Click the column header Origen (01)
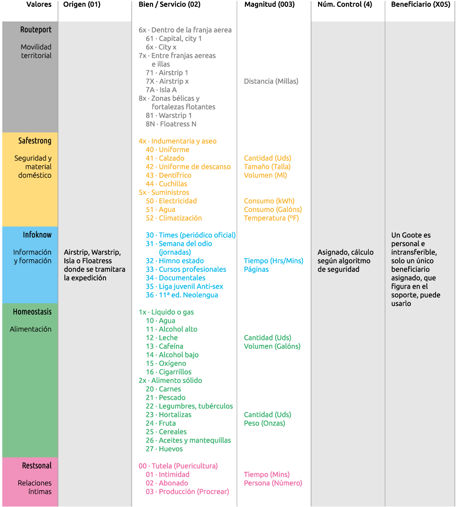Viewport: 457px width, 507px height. [x=82, y=5]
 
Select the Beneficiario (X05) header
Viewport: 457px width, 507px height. [x=420, y=5]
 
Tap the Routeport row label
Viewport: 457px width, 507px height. [x=36, y=30]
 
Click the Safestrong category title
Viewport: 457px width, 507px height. [x=35, y=141]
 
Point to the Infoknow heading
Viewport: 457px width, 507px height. [x=37, y=235]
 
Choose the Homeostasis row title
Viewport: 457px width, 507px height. [x=32, y=312]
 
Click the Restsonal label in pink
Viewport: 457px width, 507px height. [x=37, y=466]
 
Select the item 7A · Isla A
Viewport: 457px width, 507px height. [x=161, y=90]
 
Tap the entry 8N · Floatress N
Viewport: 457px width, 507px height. [x=171, y=124]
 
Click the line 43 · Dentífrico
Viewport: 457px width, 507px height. [x=168, y=175]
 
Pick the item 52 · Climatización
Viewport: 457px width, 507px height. [x=174, y=218]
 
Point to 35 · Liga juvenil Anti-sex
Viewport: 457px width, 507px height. [x=184, y=286]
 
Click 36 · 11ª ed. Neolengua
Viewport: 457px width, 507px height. [x=182, y=295]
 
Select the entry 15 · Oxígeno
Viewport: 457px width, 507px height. [x=166, y=364]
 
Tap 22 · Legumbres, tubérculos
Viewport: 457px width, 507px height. [x=189, y=406]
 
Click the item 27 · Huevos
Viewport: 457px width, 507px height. [x=164, y=449]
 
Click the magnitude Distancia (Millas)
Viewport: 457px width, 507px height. [x=271, y=81]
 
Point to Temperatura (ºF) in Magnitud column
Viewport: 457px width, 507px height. [x=271, y=218]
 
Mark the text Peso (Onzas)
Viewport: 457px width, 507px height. [x=264, y=423]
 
